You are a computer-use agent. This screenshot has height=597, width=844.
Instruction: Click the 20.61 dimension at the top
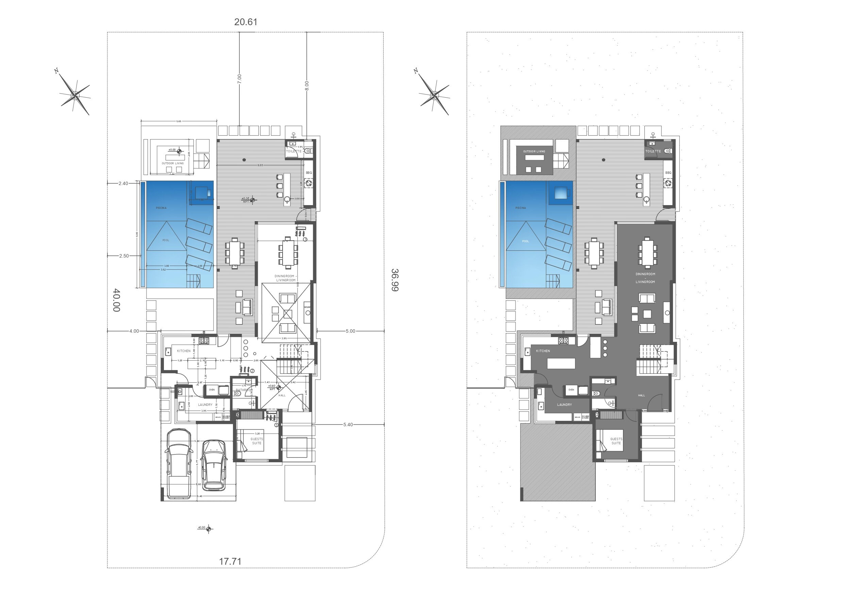(246, 22)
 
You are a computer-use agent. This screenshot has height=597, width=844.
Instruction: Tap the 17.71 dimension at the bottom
(230, 561)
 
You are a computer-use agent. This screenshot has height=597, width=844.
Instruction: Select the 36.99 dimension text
(394, 280)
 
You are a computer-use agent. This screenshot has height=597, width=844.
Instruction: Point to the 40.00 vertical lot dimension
(116, 300)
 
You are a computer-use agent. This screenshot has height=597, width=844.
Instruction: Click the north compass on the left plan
(75, 95)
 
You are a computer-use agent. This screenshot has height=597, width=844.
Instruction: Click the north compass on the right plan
(435, 95)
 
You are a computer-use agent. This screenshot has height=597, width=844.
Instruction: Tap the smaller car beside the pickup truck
(215, 465)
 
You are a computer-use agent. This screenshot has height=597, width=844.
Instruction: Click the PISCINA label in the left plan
(161, 208)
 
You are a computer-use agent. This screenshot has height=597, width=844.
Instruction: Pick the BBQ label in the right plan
(668, 172)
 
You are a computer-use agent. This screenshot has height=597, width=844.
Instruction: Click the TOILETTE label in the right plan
(653, 151)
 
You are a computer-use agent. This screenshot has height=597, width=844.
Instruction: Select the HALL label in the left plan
(282, 395)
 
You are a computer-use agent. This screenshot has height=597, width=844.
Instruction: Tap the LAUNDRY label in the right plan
(564, 404)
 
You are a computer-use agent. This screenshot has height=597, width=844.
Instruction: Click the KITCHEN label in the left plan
(184, 351)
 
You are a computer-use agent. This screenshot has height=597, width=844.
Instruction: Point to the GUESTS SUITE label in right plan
(616, 441)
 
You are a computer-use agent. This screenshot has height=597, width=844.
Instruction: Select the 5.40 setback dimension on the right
(348, 425)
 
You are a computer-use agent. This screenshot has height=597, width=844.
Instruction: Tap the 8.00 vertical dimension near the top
(307, 86)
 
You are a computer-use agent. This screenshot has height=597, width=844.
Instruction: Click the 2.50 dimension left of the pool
(124, 256)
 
